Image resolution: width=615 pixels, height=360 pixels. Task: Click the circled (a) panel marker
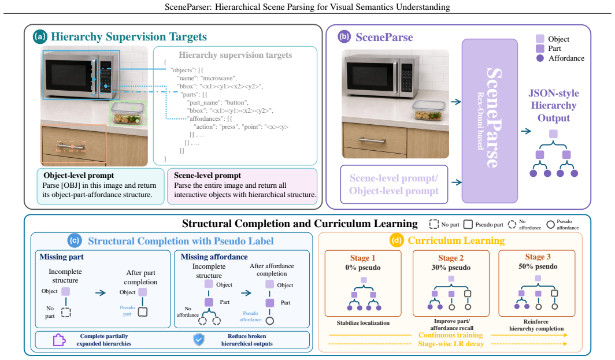40,37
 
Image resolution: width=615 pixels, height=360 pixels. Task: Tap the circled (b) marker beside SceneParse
344,37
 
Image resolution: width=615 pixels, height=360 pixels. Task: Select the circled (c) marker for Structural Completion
75,240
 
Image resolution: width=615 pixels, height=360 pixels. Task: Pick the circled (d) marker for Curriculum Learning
396,240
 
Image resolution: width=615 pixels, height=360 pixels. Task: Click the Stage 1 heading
363,258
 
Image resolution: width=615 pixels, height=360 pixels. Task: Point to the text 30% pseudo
451,268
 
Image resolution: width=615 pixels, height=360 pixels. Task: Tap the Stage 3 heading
538,257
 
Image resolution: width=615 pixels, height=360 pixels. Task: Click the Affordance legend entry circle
540,58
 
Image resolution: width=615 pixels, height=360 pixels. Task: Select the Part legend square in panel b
540,48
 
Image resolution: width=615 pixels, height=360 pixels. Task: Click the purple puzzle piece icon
59,340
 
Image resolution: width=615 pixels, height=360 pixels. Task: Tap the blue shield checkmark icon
199,340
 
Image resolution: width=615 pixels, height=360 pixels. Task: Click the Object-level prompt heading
79,175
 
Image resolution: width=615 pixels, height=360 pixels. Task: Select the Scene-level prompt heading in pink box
208,175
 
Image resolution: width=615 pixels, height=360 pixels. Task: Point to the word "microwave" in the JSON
219,78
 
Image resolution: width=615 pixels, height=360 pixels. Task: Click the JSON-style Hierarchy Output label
553,106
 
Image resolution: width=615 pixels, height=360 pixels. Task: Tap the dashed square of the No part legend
434,224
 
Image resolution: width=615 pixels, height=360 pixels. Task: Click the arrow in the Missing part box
101,292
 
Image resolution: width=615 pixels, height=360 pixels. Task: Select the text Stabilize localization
363,323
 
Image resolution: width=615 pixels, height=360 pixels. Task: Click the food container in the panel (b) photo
428,110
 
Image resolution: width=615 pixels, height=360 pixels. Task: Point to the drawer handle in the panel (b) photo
372,140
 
